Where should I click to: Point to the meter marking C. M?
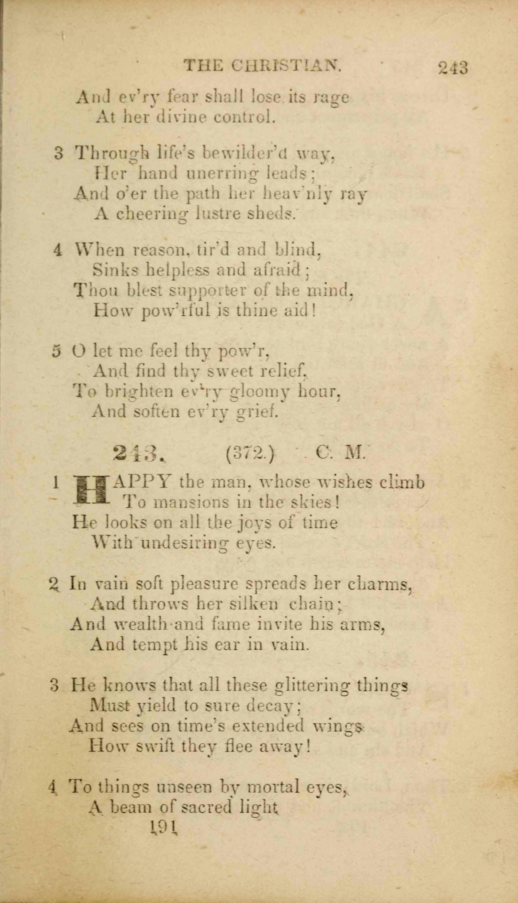click(x=340, y=453)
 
